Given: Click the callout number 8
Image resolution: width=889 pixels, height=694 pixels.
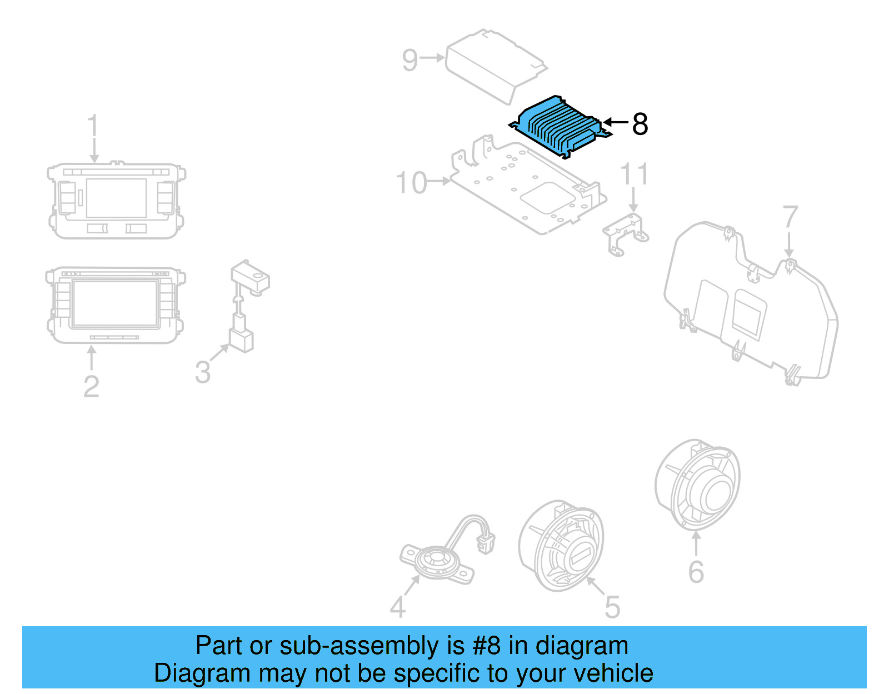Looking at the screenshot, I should [x=640, y=124].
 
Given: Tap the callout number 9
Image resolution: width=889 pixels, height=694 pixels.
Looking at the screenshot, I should [x=409, y=60].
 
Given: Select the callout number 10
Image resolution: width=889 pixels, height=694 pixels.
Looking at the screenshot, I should [x=411, y=183].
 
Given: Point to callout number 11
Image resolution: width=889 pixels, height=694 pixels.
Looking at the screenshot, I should [x=634, y=174].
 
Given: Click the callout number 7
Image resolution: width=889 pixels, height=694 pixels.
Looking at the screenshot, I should [x=790, y=217].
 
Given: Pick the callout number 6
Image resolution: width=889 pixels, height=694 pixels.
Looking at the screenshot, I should [x=696, y=572].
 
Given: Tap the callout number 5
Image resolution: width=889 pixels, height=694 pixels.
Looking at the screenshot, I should [x=612, y=607].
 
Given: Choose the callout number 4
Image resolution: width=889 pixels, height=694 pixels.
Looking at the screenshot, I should [x=397, y=607].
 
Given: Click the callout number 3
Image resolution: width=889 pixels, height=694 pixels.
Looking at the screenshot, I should [x=203, y=372].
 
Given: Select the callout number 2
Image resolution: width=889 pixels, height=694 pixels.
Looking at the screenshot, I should [x=91, y=386].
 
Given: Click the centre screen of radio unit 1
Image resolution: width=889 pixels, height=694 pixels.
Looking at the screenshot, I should [x=116, y=198].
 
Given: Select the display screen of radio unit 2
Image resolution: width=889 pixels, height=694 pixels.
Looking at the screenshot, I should [x=114, y=303].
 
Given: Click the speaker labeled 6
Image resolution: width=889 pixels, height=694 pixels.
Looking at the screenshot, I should [x=698, y=485].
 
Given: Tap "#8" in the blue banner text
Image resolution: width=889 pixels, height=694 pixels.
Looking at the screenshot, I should [x=486, y=646].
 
